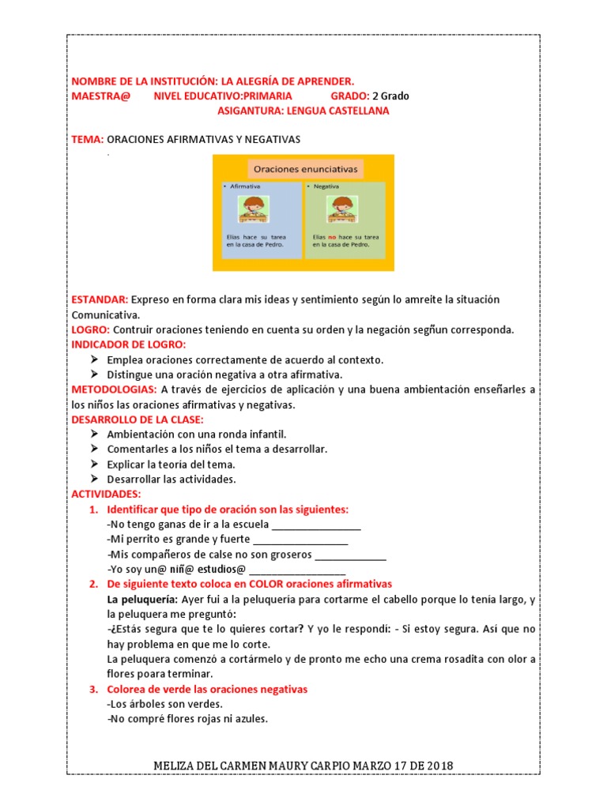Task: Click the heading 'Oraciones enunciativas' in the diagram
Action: (x=304, y=169)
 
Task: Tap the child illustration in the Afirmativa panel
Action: (x=253, y=210)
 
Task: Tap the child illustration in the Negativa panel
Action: (x=342, y=210)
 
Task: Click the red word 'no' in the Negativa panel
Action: (x=333, y=236)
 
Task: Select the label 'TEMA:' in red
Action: (x=88, y=139)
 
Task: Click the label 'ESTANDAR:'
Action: (x=100, y=300)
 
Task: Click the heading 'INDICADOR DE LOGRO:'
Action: (x=129, y=344)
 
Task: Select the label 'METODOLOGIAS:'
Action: (x=115, y=389)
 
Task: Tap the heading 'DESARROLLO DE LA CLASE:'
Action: (x=138, y=420)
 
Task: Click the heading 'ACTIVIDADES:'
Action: (x=106, y=494)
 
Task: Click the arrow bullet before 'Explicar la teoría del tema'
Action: (x=94, y=465)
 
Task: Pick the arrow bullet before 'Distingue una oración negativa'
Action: (x=94, y=374)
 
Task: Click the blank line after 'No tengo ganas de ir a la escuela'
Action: (x=316, y=525)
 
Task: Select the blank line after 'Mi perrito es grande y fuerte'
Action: (x=300, y=540)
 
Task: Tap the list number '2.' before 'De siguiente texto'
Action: (x=93, y=584)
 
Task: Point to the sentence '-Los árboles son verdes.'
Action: (x=164, y=704)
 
